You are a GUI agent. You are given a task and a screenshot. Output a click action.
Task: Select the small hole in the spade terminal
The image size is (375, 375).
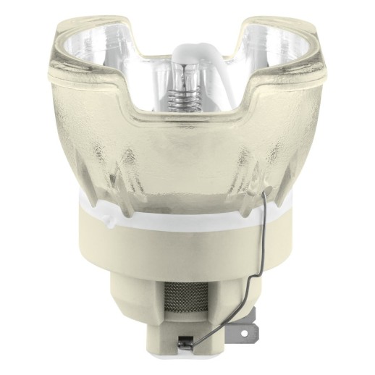(243, 332)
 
